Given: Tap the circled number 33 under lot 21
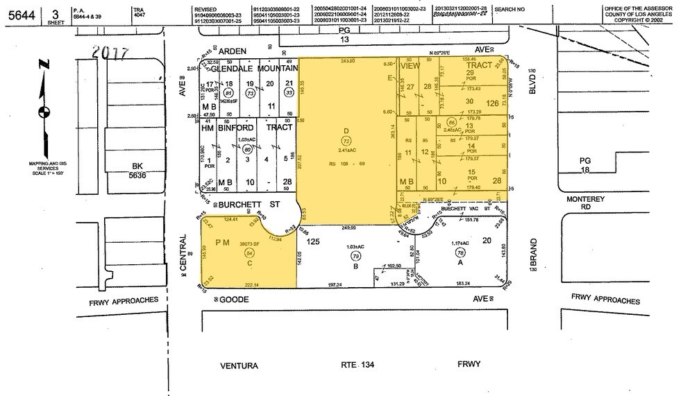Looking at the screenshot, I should pos(287,92).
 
